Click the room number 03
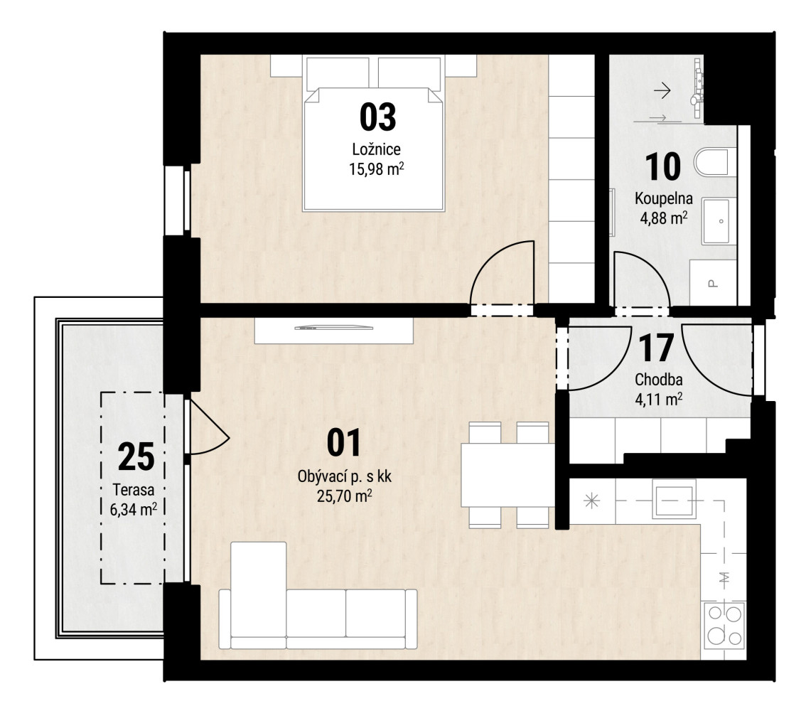tap(378, 117)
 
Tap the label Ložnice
tap(376, 149)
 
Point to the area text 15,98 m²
tap(376, 169)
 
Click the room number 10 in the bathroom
tap(662, 167)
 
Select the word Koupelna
tap(664, 198)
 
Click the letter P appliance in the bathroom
tap(713, 283)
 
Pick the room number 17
tap(656, 348)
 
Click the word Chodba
tap(658, 380)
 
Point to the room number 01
tap(344, 443)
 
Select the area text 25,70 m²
tap(345, 496)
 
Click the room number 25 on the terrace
tap(136, 456)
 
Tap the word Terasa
tap(134, 489)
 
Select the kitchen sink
tap(674, 498)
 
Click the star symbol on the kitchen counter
tap(591, 501)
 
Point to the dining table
tap(507, 476)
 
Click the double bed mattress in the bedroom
tap(374, 149)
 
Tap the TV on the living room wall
tap(333, 328)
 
